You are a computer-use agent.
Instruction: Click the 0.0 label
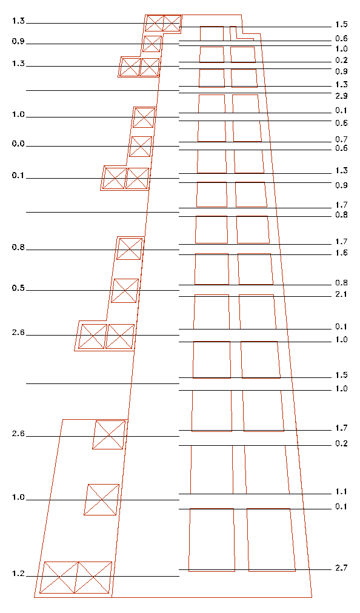point(18,144)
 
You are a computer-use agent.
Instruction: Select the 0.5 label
point(18,288)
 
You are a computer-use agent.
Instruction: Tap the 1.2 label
point(18,574)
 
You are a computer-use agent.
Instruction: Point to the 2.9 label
point(341,96)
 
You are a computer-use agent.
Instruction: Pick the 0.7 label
point(341,139)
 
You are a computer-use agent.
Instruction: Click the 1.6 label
point(341,253)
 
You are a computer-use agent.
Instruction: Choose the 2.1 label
point(341,294)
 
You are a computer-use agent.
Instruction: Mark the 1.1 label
point(341,492)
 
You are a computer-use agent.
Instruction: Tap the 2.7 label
point(341,568)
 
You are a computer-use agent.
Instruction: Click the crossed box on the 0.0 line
point(141,147)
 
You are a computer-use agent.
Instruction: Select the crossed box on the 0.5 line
point(125,291)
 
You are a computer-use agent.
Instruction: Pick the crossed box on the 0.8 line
point(130,248)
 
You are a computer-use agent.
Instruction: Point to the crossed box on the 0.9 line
point(152,44)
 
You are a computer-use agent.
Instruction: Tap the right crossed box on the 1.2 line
point(93,577)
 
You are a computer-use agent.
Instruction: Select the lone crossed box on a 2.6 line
point(108,435)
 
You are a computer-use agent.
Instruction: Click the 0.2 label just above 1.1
point(341,444)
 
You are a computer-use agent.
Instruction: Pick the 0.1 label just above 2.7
point(341,507)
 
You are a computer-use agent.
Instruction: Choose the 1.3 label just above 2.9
point(341,84)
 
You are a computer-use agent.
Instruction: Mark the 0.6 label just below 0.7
point(341,148)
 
